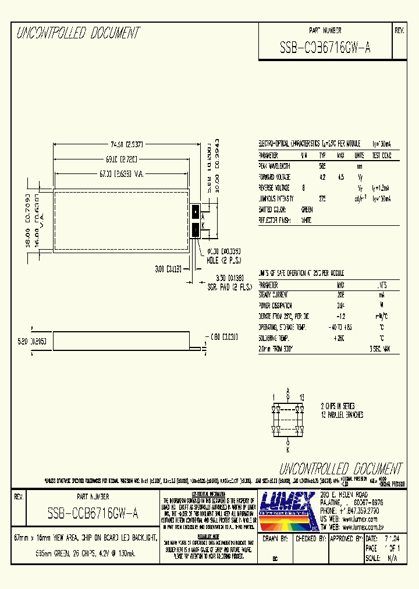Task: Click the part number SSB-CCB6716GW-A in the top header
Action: point(325,48)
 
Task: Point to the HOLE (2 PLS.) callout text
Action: point(223,260)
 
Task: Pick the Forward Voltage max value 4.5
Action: point(341,177)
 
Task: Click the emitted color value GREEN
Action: point(307,210)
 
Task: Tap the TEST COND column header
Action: point(382,156)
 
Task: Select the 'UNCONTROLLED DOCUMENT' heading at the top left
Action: point(78,33)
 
